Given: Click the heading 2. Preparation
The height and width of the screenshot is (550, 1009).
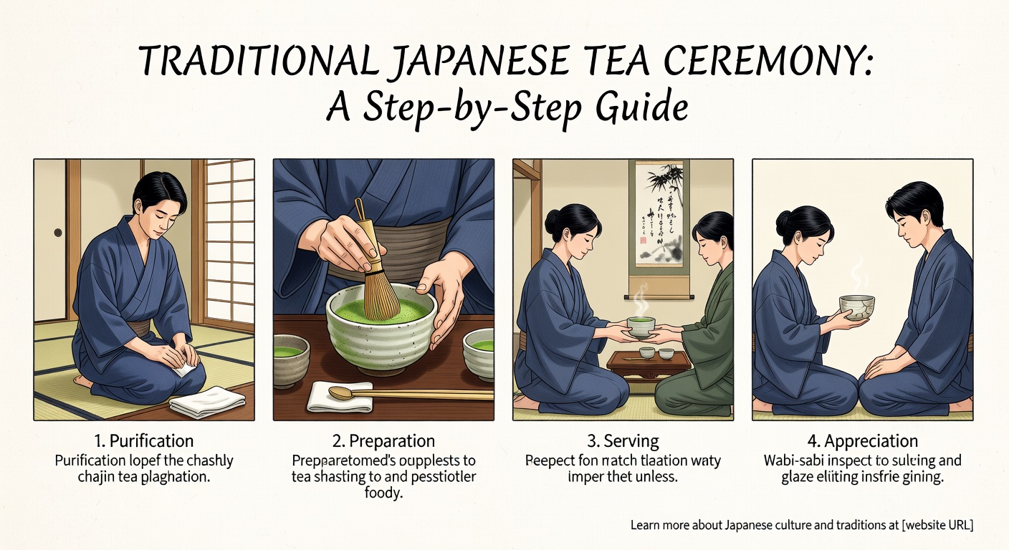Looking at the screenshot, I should click(x=383, y=440).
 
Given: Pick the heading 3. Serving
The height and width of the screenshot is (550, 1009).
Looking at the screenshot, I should click(x=622, y=440).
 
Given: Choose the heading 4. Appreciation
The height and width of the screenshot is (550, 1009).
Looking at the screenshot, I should click(x=862, y=440).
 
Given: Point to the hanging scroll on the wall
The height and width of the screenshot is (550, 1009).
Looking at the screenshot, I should click(x=660, y=215).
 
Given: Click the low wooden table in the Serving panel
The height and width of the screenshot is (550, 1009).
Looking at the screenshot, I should click(x=649, y=362).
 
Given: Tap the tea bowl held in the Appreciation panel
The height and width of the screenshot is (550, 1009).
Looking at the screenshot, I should click(x=856, y=307).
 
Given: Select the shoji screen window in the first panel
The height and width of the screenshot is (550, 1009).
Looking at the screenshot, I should click(x=229, y=240).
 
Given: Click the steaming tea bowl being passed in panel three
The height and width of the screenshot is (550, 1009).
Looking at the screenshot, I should click(x=640, y=325).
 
